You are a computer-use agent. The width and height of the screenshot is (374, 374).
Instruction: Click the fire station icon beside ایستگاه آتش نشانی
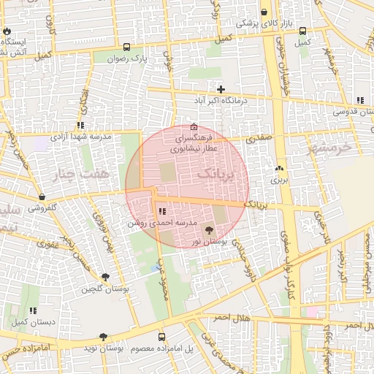click(x=7, y=32)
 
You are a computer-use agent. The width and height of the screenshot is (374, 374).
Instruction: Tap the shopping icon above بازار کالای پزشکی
click(x=264, y=12)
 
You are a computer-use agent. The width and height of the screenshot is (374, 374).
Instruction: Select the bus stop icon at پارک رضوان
click(x=128, y=45)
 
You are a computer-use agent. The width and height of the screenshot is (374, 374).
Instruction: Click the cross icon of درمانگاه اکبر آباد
click(x=221, y=89)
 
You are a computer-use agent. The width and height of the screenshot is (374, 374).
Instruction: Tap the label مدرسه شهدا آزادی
click(x=80, y=137)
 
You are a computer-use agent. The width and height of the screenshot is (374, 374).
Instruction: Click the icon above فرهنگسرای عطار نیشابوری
click(x=193, y=126)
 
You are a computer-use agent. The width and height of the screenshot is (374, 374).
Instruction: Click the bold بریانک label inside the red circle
click(x=218, y=174)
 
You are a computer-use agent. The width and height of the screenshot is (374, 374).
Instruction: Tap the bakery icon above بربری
click(x=278, y=167)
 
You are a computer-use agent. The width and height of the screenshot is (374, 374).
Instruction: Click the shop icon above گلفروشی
click(x=42, y=197)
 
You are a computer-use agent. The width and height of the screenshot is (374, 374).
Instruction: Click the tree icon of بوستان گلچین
click(x=106, y=277)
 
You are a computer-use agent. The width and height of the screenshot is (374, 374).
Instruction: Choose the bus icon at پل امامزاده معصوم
click(x=162, y=337)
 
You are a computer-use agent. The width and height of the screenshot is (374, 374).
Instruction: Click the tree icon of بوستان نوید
click(x=103, y=337)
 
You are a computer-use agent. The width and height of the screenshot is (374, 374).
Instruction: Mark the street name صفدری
click(x=259, y=137)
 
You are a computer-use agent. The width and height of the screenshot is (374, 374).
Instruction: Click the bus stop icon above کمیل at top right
click(x=302, y=31)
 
